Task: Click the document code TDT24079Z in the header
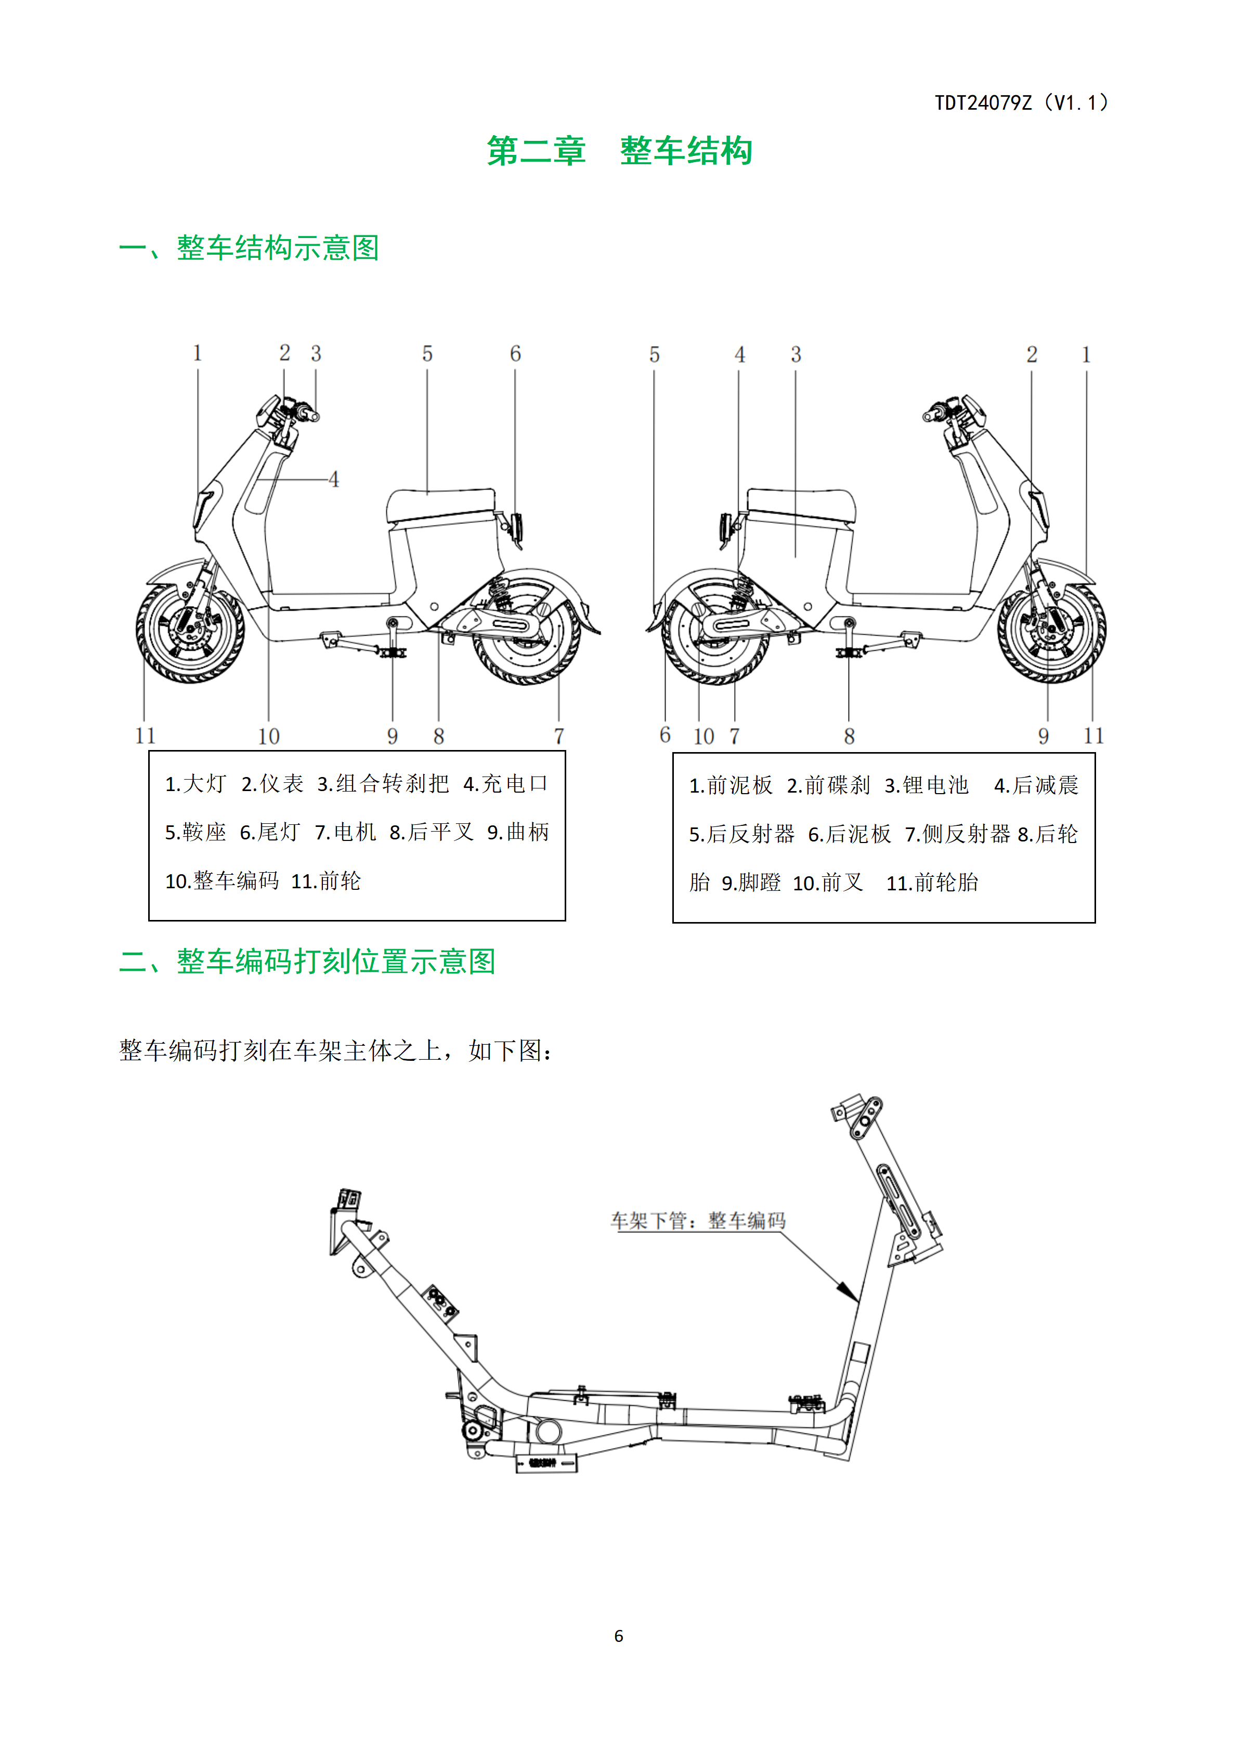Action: click(983, 103)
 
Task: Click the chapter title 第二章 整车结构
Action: click(620, 151)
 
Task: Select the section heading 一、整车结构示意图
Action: click(249, 248)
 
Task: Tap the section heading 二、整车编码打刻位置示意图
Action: click(307, 961)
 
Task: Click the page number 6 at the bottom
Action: click(618, 1636)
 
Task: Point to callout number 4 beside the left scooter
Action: click(333, 479)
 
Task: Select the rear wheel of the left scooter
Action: click(527, 632)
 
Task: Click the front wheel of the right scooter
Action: click(1052, 632)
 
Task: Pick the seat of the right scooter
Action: click(800, 505)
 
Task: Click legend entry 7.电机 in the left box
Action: click(345, 832)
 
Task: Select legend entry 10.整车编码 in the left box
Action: click(222, 881)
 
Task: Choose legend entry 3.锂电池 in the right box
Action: click(926, 785)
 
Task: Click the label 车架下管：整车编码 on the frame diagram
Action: click(698, 1220)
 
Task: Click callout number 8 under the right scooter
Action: click(849, 736)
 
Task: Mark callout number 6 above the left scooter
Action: click(515, 353)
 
